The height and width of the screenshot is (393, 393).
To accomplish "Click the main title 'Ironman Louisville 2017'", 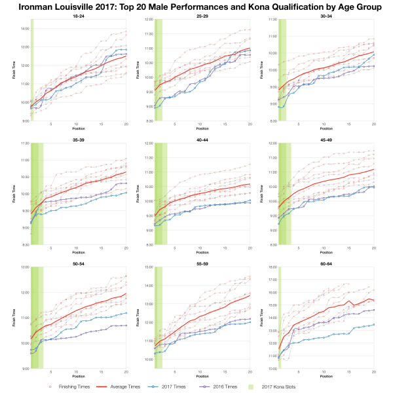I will [x=196, y=7].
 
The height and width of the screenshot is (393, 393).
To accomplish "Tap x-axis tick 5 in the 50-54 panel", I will [x=50, y=371].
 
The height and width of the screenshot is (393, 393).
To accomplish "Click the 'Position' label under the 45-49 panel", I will [x=325, y=253].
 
